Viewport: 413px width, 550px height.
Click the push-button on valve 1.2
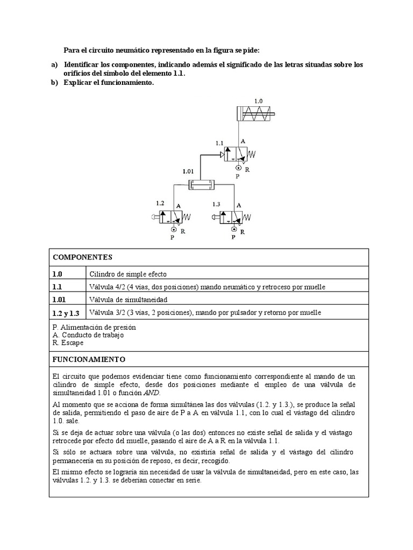(156, 216)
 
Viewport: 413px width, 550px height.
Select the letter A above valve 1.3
(239, 205)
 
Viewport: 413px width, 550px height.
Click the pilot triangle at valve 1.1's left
(221, 156)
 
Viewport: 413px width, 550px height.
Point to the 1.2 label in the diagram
(160, 204)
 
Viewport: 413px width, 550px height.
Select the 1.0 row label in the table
(58, 273)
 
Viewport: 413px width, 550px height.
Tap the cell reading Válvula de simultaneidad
(125, 300)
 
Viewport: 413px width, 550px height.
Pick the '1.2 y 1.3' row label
(66, 313)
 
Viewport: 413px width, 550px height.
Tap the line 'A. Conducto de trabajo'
(88, 335)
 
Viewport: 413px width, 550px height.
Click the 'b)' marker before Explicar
(54, 82)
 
